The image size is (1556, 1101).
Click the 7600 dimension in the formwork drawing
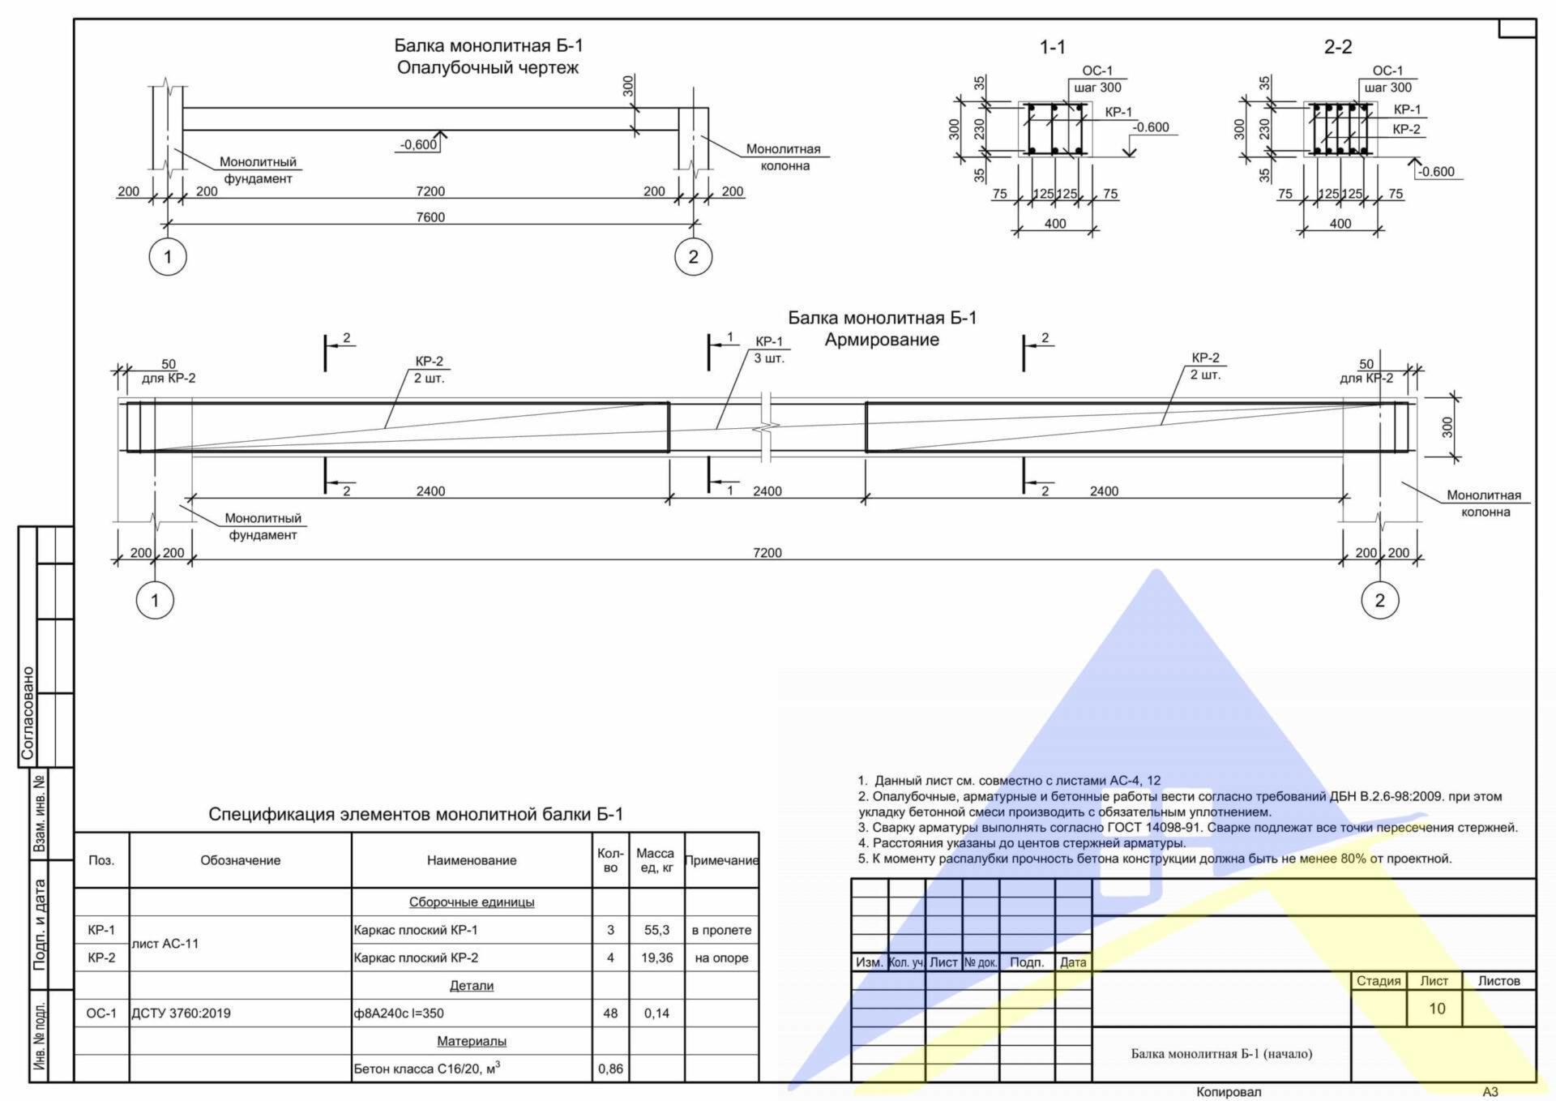coord(430,217)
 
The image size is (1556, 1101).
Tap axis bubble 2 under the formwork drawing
coord(693,257)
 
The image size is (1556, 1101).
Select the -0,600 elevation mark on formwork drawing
coord(418,145)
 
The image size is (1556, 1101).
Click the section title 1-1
coord(1053,47)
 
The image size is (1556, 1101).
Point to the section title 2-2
coord(1338,47)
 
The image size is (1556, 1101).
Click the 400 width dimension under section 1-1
coord(1055,224)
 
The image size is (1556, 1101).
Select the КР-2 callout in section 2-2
coord(1406,129)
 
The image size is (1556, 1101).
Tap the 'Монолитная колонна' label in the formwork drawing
coord(784,157)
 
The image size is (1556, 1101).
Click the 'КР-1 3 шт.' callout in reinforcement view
coord(769,350)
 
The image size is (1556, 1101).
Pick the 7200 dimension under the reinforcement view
coord(767,553)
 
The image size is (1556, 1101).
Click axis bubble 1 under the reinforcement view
coord(155,601)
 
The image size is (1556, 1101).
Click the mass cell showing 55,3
coord(656,930)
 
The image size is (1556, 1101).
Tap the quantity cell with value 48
coord(610,1013)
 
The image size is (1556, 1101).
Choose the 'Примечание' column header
coord(721,860)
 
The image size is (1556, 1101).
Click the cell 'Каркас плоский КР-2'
coord(416,957)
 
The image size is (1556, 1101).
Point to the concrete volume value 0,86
coord(610,1069)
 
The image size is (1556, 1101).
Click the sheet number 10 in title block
coord(1437,1009)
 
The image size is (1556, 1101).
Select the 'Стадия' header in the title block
coord(1379,981)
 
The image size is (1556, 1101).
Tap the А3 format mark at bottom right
coord(1490,1092)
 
